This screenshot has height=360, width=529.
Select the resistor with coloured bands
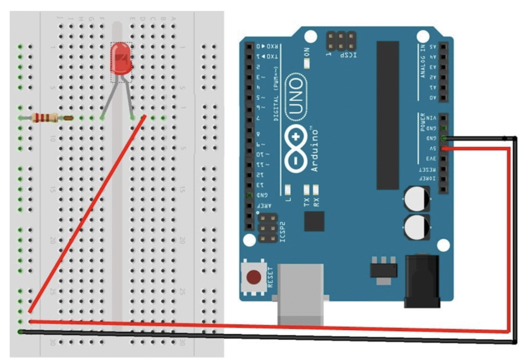(x=45, y=118)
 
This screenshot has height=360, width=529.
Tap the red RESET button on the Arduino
(x=254, y=278)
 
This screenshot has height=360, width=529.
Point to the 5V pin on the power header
(x=443, y=148)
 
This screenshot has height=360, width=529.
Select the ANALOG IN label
(x=423, y=61)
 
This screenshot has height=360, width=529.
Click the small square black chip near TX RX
(x=314, y=221)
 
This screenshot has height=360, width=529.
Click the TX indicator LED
(x=307, y=189)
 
